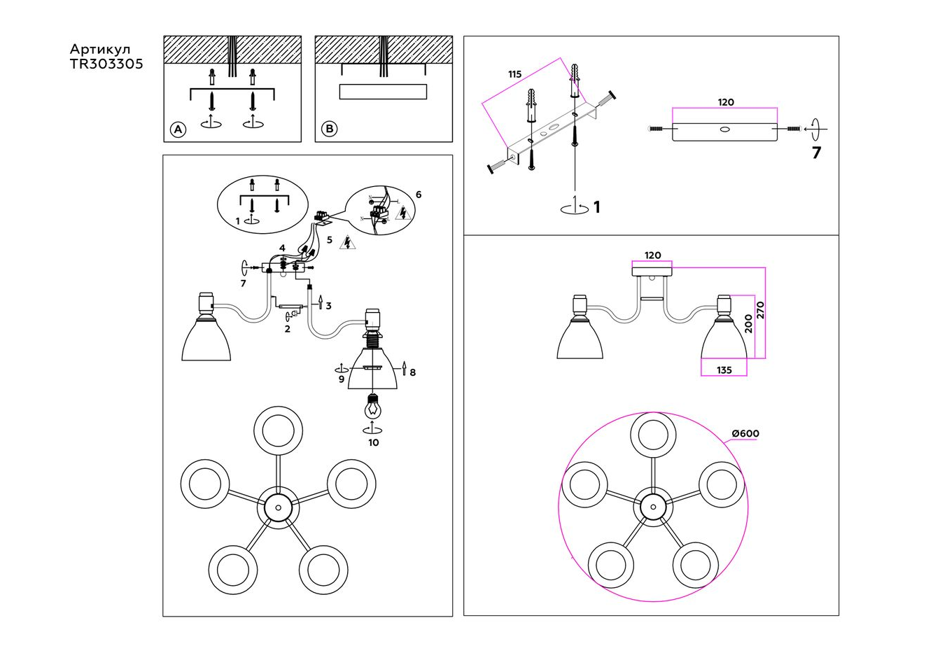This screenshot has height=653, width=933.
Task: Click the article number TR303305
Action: point(106,64)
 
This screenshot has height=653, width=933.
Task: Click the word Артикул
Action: point(100,49)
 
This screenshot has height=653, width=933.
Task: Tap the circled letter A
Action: point(178,129)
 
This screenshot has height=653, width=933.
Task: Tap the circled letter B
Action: point(329,129)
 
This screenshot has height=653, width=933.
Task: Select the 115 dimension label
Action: point(515,74)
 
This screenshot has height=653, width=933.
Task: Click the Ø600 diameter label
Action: point(745,433)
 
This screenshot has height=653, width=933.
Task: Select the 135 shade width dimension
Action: point(724,370)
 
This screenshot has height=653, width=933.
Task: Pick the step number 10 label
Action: point(373,442)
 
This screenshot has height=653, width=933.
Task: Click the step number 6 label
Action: point(419,194)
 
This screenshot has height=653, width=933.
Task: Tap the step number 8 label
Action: point(413,372)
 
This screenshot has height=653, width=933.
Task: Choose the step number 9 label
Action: point(342,379)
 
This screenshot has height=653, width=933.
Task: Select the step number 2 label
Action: point(287,328)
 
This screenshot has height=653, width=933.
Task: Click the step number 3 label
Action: point(328,306)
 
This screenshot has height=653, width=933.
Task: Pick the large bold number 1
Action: point(596,207)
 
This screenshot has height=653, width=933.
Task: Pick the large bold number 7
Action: point(816,153)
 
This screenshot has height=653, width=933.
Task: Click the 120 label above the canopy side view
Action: point(652,255)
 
